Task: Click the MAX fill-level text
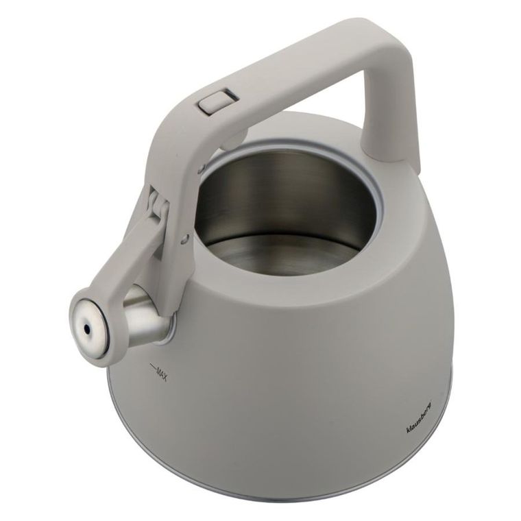tap(161, 373)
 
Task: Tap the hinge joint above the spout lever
tap(157, 205)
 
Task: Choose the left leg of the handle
tap(171, 171)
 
